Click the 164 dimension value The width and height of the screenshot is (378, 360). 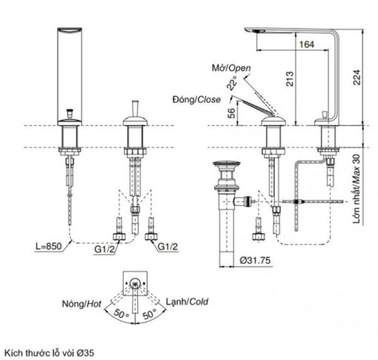pyautogui.click(x=307, y=44)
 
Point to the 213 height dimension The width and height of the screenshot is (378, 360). pyautogui.click(x=290, y=79)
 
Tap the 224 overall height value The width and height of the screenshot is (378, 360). pyautogui.click(x=357, y=78)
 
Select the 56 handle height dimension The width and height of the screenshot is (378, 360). pyautogui.click(x=231, y=113)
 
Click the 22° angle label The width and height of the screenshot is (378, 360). pyautogui.click(x=232, y=83)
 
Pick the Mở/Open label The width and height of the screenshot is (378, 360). pyautogui.click(x=231, y=68)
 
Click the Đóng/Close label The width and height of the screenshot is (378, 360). pyautogui.click(x=196, y=99)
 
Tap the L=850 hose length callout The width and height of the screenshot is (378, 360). pyautogui.click(x=49, y=246)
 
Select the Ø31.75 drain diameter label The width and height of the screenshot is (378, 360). pyautogui.click(x=255, y=260)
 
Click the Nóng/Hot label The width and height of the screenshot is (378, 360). pyautogui.click(x=82, y=304)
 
